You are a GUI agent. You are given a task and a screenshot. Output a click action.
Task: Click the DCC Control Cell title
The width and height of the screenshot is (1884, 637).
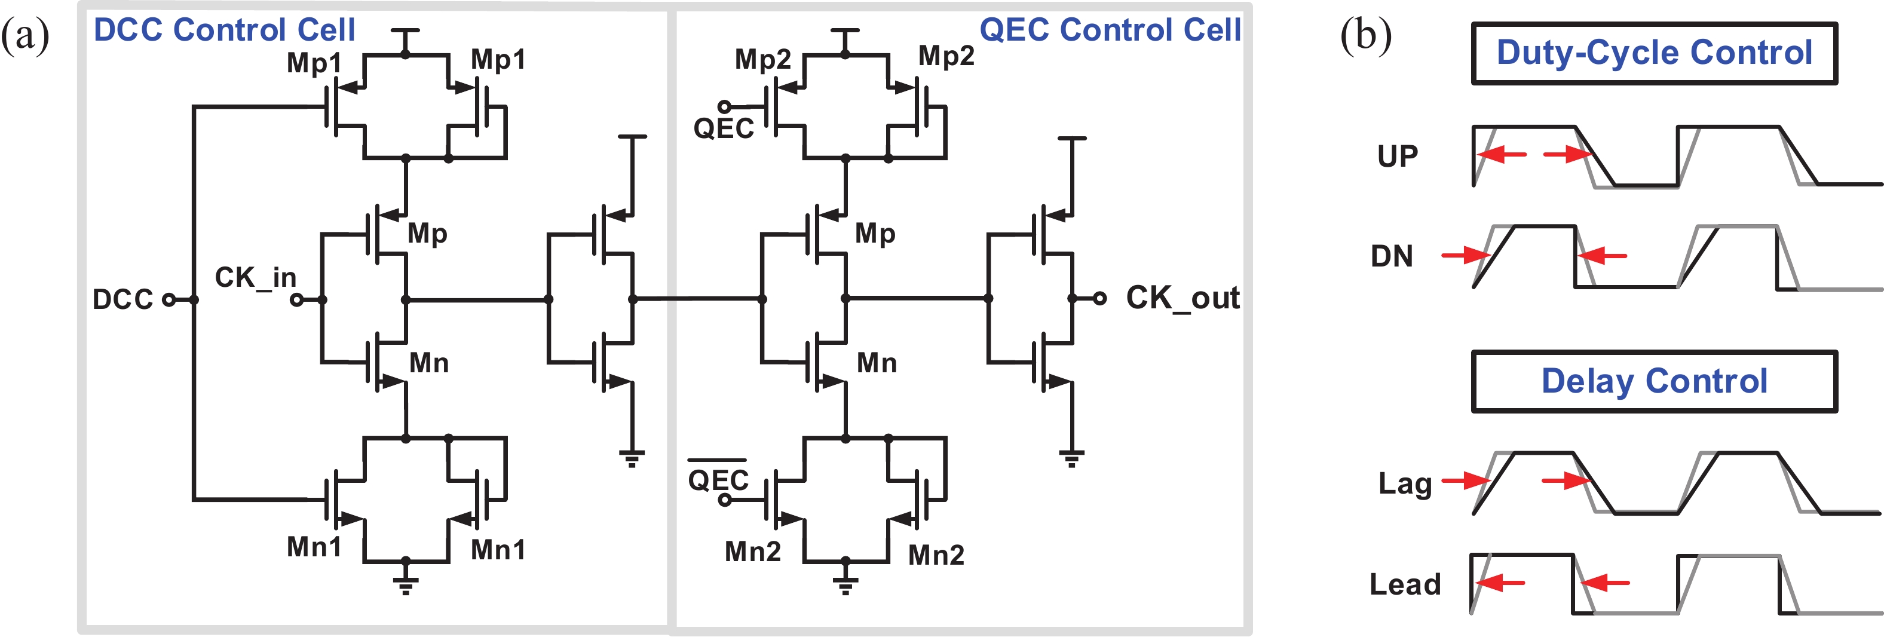(224, 30)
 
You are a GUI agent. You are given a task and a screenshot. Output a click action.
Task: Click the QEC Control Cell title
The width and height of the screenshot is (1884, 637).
(1110, 30)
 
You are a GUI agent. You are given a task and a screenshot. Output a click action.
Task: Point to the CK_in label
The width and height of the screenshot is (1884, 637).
(255, 277)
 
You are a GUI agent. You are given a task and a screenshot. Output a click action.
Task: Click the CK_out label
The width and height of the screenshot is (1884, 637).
(1182, 298)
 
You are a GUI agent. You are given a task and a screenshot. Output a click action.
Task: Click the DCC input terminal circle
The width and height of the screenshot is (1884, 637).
(169, 299)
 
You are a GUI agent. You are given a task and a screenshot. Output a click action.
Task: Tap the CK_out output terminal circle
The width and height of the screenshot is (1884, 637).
(1099, 298)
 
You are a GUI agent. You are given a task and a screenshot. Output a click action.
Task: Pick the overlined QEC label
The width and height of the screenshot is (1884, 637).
(718, 479)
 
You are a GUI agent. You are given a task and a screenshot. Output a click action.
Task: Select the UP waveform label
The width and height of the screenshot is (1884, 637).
(1397, 156)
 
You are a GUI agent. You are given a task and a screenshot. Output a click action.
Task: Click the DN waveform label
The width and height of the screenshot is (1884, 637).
(1391, 256)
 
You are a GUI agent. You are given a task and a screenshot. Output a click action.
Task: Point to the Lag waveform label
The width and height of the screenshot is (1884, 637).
(1404, 483)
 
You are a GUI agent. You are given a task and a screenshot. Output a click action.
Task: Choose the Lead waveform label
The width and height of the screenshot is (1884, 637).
(1404, 584)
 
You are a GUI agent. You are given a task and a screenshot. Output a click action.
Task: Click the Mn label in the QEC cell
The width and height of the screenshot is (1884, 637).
(876, 363)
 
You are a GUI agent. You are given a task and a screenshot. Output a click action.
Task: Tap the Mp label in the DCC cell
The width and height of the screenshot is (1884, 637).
(427, 233)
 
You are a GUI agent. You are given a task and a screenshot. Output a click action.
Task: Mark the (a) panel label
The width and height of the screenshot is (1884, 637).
(25, 35)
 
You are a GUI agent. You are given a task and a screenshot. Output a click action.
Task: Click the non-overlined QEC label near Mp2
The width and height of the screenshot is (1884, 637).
(724, 128)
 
